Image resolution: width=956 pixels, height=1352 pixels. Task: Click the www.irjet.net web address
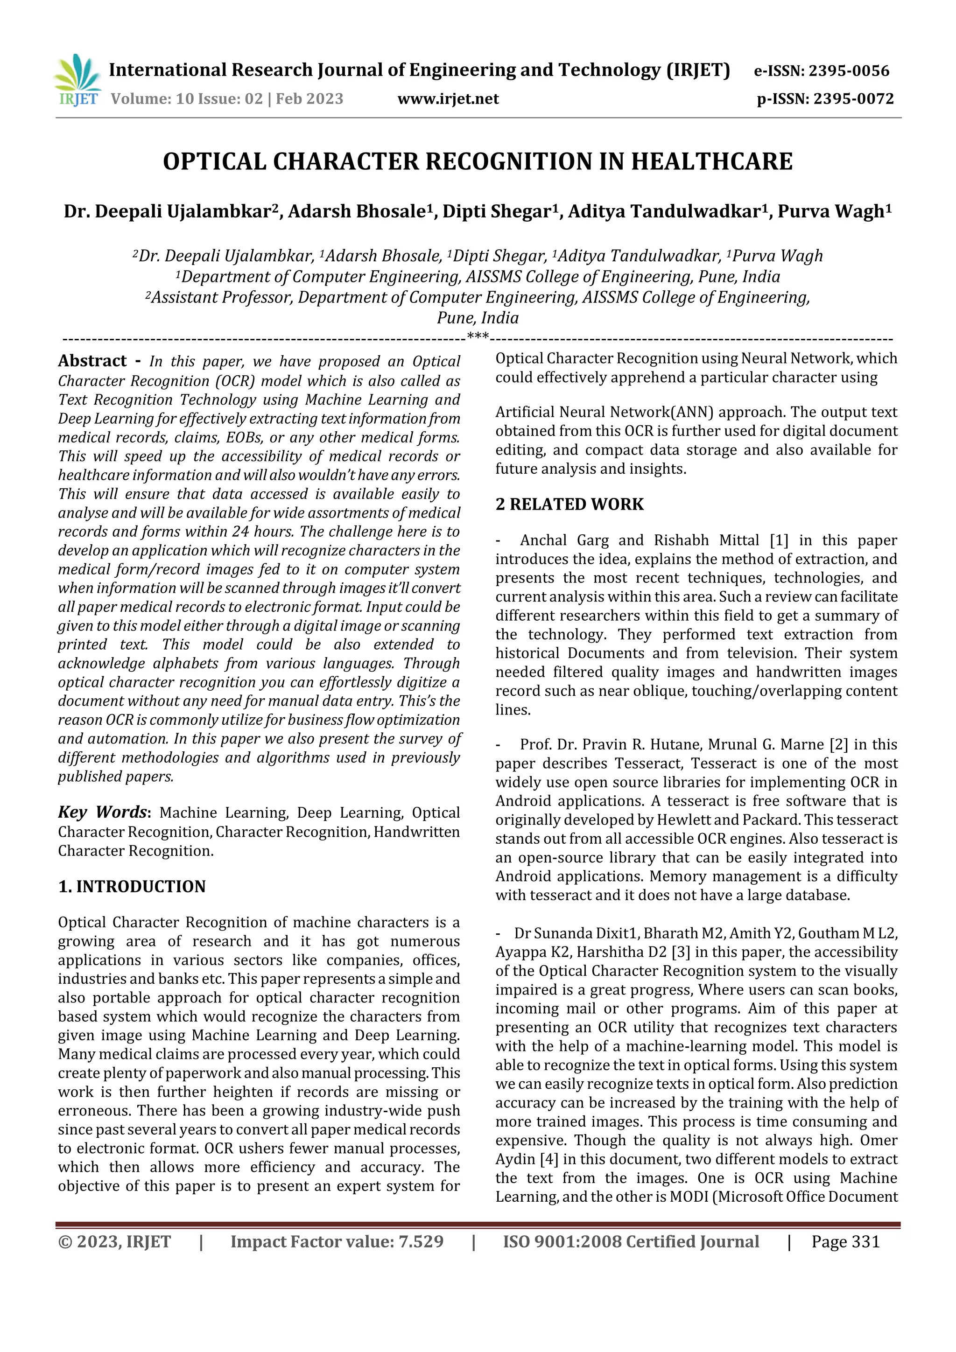[448, 99]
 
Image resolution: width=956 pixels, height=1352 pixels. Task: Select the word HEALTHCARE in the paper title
[711, 162]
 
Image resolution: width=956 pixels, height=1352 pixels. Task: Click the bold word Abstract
[92, 361]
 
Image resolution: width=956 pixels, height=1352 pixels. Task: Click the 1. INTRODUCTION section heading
[132, 886]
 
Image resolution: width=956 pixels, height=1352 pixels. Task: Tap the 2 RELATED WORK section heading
[569, 504]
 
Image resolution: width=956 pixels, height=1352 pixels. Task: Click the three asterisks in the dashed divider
[478, 337]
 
